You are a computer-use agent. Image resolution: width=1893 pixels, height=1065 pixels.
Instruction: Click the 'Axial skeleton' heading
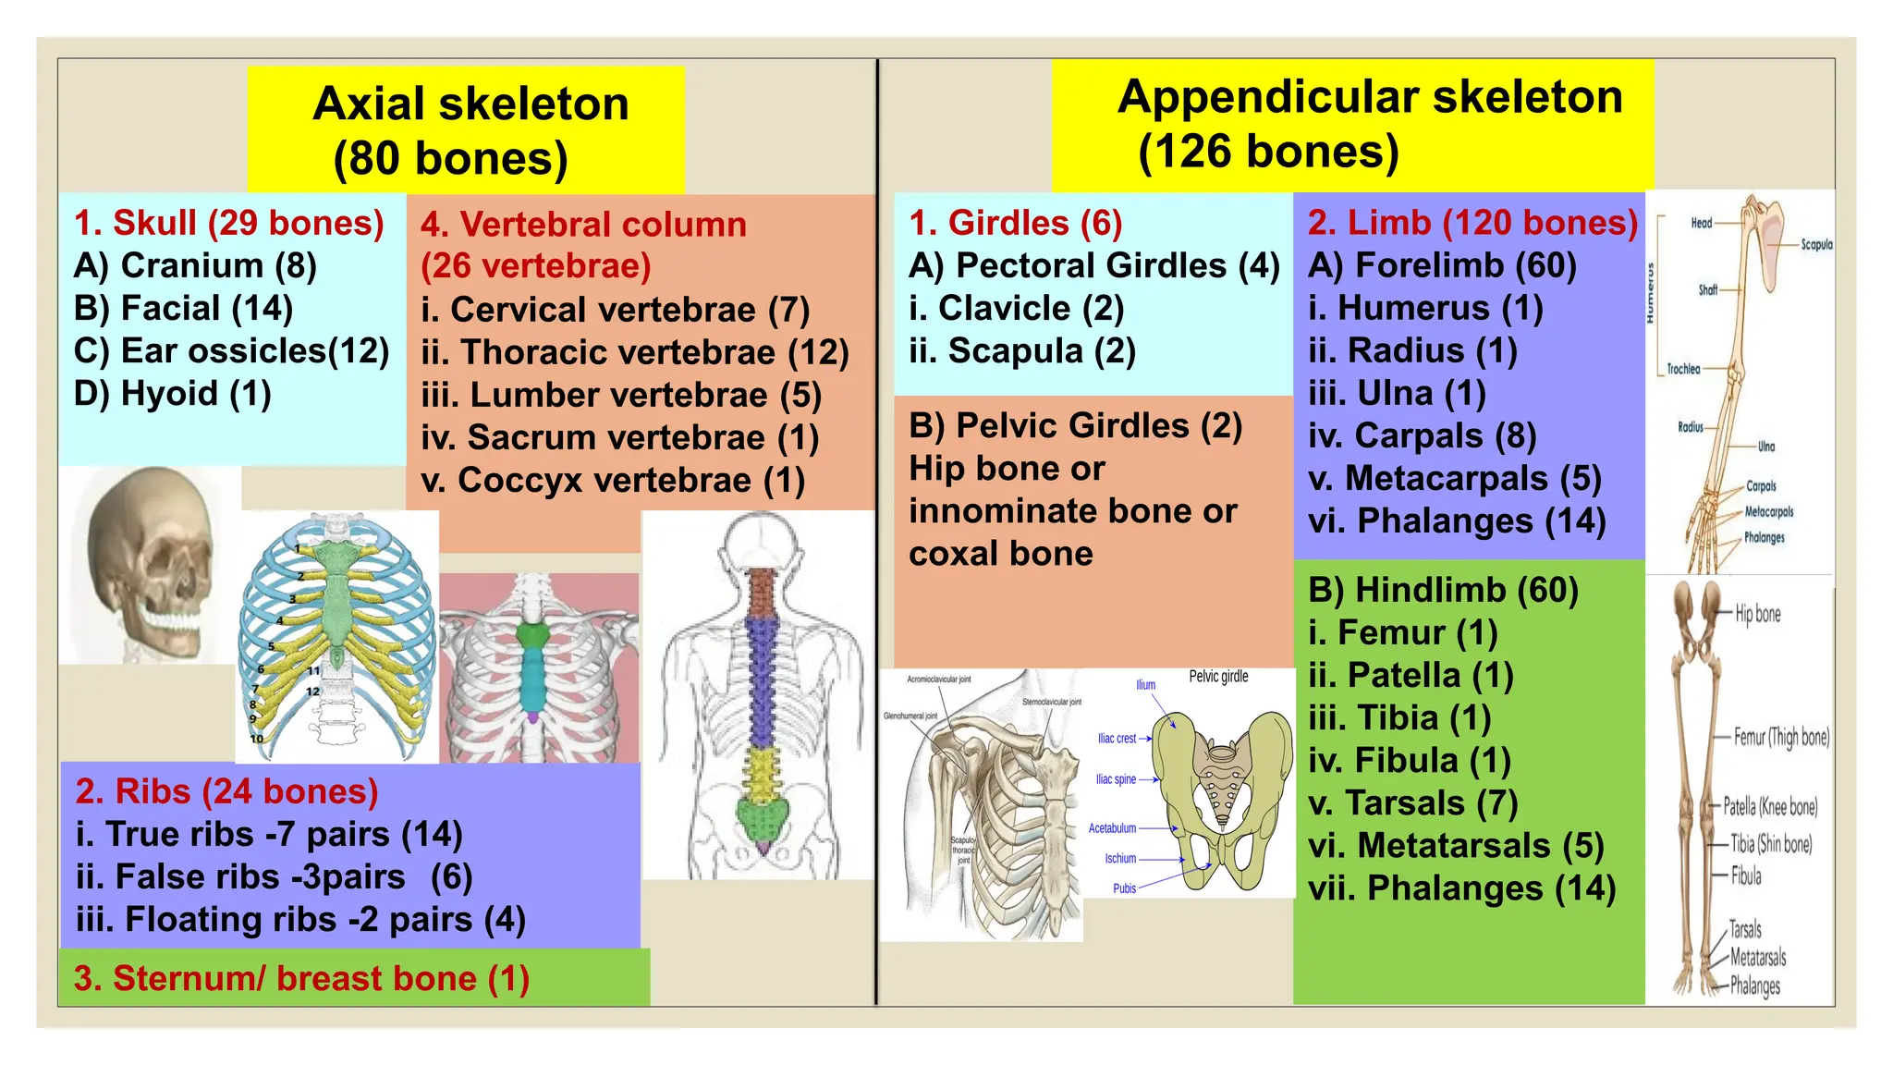tap(470, 104)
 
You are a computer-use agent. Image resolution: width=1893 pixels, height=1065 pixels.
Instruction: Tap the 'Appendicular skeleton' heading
tap(1369, 97)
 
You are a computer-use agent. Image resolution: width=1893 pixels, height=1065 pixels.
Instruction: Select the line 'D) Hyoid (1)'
tap(172, 394)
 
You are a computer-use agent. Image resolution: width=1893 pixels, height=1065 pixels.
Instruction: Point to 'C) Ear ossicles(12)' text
tap(231, 351)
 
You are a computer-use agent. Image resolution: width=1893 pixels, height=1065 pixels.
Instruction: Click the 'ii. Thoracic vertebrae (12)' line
tap(634, 352)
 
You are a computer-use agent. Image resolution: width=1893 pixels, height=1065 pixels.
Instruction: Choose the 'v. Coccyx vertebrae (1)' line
tap(612, 481)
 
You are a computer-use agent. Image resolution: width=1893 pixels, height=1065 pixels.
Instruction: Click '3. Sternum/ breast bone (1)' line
tap(301, 978)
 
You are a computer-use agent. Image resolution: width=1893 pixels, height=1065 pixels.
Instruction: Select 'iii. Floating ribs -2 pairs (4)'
tap(300, 920)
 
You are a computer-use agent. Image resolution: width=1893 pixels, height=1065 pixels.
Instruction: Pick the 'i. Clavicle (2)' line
tap(1016, 309)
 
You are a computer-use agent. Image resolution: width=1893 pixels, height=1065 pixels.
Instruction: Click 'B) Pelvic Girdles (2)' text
tap(1075, 426)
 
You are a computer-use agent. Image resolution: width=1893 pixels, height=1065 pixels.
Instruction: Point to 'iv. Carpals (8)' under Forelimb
tap(1422, 435)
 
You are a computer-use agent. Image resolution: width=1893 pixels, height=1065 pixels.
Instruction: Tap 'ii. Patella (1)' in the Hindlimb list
tap(1411, 676)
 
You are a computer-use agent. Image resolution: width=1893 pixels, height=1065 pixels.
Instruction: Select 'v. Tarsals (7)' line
tap(1412, 803)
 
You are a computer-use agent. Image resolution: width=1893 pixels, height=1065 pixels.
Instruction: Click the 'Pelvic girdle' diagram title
tap(1218, 677)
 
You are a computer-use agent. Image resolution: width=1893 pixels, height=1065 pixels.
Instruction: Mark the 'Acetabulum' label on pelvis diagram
tap(1112, 828)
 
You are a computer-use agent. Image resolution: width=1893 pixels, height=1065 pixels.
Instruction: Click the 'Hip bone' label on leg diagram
tap(1757, 614)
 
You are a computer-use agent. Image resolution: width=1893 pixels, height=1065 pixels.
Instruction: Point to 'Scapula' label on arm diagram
tap(1815, 245)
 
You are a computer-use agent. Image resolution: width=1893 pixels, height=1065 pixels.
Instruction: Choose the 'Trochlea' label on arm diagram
tap(1683, 369)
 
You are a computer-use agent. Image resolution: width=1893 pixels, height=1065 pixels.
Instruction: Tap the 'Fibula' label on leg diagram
tap(1746, 875)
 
